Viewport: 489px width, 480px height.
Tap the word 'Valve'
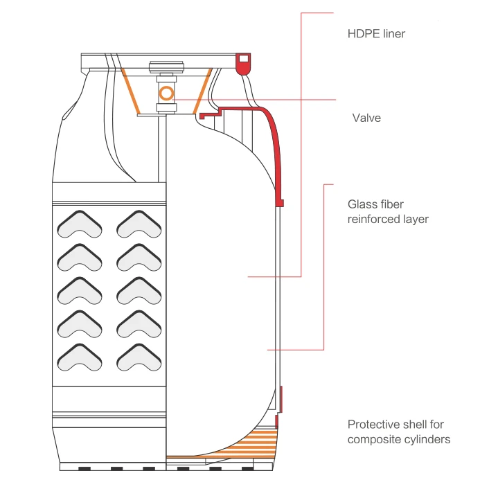pyautogui.click(x=366, y=118)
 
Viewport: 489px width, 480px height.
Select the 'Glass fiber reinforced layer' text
pyautogui.click(x=388, y=212)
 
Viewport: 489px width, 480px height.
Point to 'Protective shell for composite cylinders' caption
pyautogui.click(x=398, y=432)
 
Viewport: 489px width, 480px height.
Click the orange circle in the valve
pyautogui.click(x=166, y=93)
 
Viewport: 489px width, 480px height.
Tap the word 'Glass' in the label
pyautogui.click(x=362, y=205)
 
